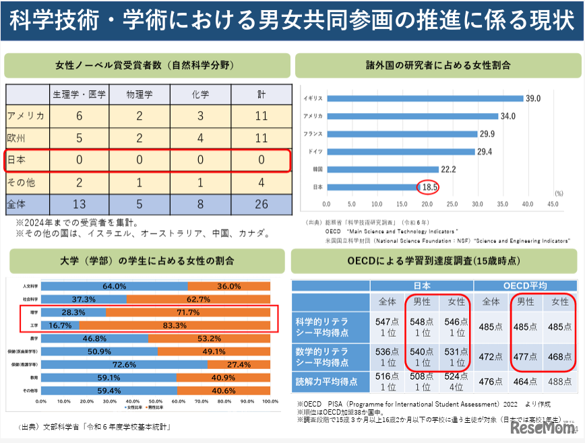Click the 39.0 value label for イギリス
pyautogui.click(x=533, y=98)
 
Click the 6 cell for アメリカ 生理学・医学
pyautogui.click(x=79, y=116)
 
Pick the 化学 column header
pyautogui.click(x=200, y=94)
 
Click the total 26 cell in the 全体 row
pyautogui.click(x=261, y=204)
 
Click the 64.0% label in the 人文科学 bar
pyautogui.click(x=115, y=285)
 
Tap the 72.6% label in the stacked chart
pyautogui.click(x=125, y=364)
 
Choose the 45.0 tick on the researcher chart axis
pyautogui.click(x=552, y=203)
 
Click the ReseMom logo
pyautogui.click(x=543, y=428)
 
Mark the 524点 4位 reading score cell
pyautogui.click(x=457, y=382)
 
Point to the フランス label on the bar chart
pyautogui.click(x=312, y=133)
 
